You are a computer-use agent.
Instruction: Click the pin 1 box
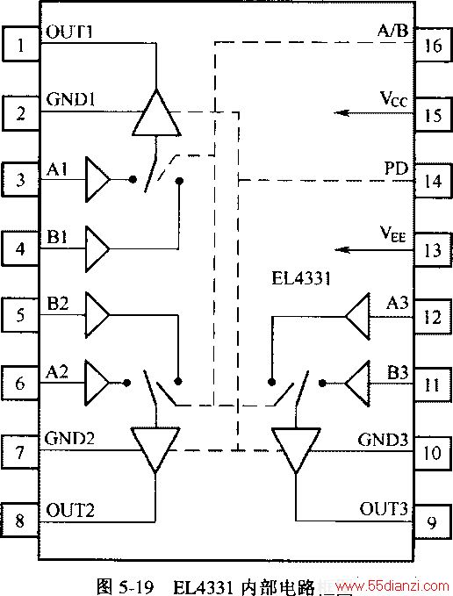click(21, 44)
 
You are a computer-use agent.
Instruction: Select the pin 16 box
click(433, 45)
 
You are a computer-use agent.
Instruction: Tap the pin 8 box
click(20, 520)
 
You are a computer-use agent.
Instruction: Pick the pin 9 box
click(433, 522)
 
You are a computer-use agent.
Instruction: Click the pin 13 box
click(433, 250)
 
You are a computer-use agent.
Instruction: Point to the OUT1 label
click(69, 32)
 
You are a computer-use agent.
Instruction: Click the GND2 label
click(69, 438)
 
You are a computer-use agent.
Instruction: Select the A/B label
click(393, 31)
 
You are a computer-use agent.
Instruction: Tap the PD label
click(397, 169)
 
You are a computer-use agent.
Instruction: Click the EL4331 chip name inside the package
click(301, 278)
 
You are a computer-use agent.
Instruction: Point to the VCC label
click(393, 99)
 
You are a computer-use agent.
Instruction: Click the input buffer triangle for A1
click(97, 179)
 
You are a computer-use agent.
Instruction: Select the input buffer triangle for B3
click(357, 383)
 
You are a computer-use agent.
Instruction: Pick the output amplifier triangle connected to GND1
click(156, 112)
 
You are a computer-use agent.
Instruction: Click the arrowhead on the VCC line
click(342, 112)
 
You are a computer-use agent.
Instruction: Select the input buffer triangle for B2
click(97, 315)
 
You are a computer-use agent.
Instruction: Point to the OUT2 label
click(70, 510)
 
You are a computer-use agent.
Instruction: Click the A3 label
click(397, 303)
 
